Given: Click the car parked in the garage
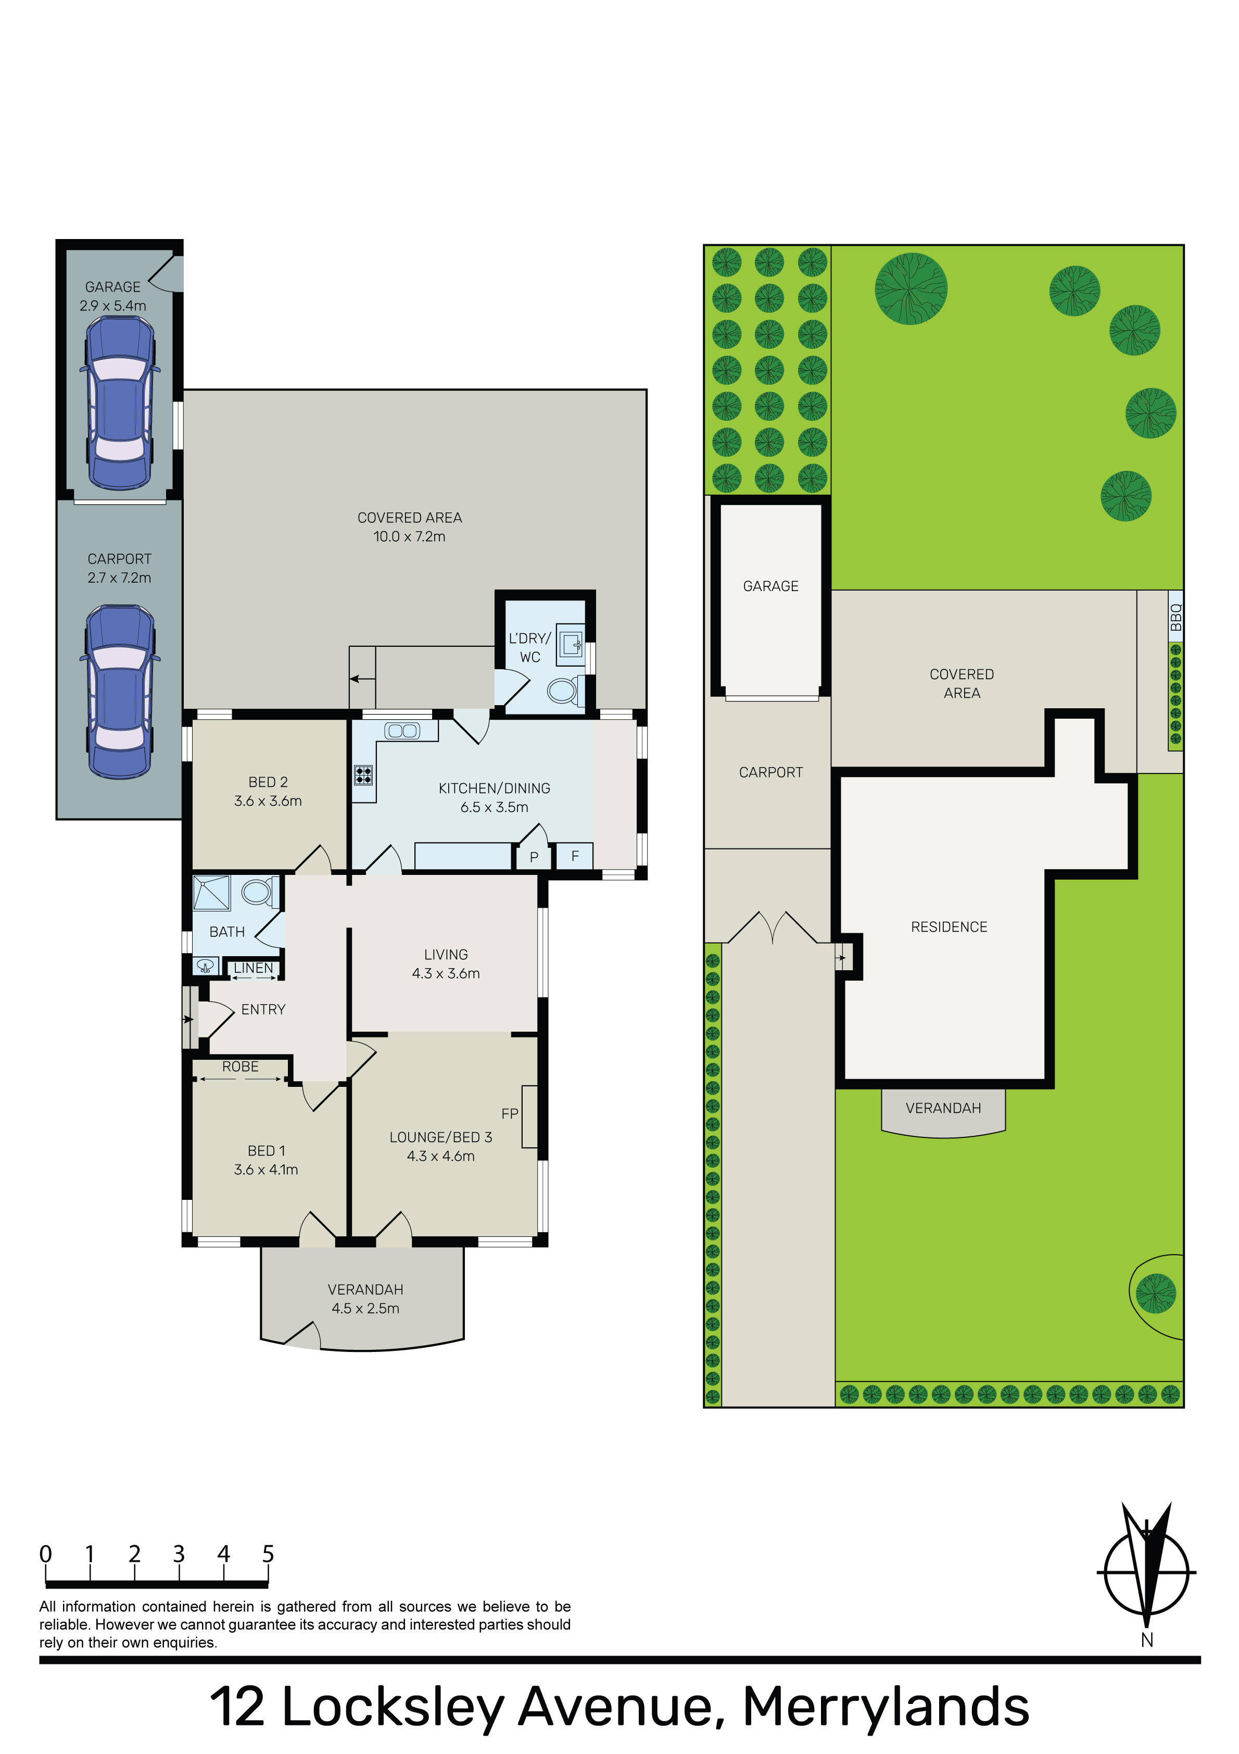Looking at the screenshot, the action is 119,403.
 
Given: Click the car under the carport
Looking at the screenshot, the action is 119,692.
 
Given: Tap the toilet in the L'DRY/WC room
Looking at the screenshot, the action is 565,690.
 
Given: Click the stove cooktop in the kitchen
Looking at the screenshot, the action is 363,775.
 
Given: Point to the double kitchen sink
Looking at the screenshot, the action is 402,731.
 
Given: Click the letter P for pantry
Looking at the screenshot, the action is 534,857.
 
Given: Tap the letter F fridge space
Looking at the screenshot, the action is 575,856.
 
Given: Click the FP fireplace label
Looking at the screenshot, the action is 510,1114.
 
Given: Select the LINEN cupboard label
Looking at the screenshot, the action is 254,968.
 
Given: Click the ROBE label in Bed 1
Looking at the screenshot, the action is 241,1067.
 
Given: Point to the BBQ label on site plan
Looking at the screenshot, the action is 1177,617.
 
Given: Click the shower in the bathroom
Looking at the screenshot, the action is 211,893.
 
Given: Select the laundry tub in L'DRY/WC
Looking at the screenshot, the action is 571,642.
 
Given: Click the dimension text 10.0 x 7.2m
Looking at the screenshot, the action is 409,536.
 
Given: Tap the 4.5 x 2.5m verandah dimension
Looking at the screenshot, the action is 365,1308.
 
